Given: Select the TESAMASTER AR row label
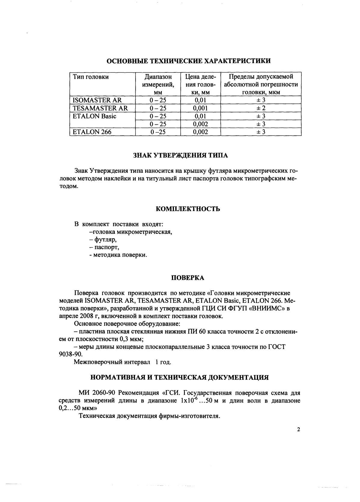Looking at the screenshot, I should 100,108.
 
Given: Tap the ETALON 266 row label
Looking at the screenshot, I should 92,132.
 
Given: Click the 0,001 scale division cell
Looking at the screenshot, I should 200,108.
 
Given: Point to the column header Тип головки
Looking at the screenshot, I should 91,77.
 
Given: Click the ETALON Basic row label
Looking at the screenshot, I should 94,116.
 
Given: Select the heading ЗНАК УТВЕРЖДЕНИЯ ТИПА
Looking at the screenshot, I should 180,155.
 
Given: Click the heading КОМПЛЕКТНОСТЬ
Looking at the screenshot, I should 188,209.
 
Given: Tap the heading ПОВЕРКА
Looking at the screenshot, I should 188,278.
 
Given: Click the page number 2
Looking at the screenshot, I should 298,430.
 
